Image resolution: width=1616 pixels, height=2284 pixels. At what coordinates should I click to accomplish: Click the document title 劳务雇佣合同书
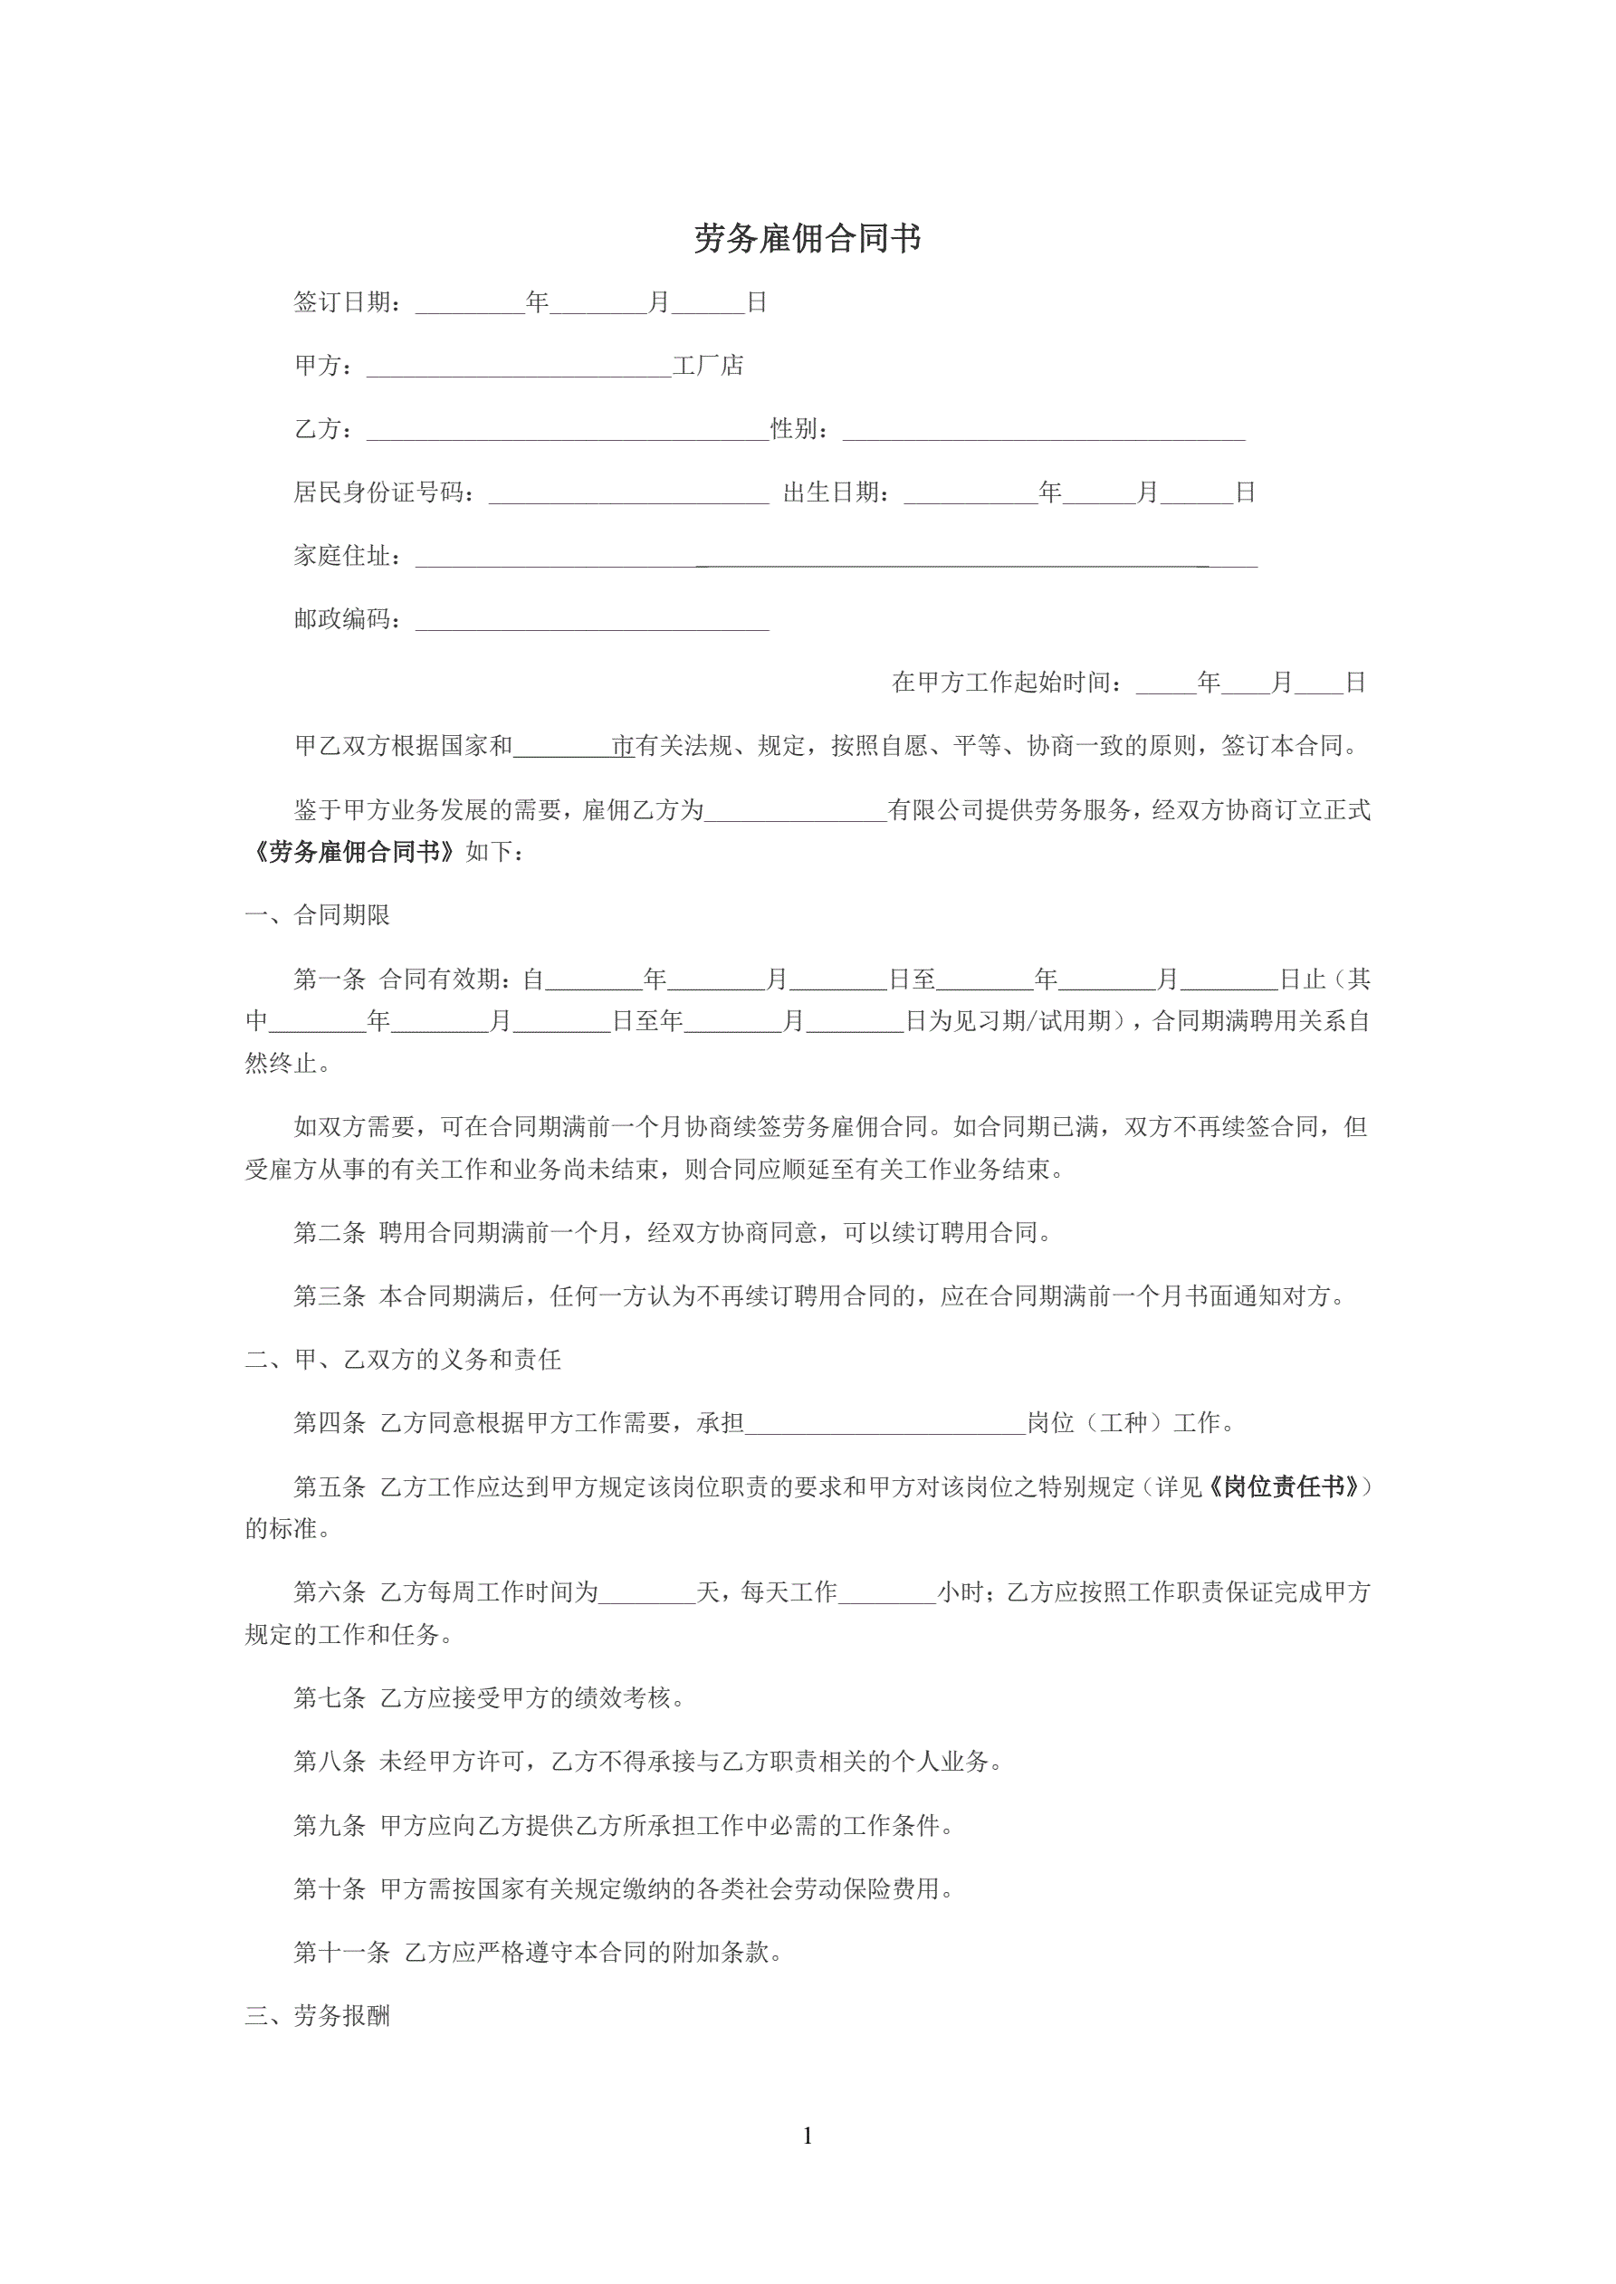[x=807, y=239]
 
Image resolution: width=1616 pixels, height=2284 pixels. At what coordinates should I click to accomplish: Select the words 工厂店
[x=707, y=366]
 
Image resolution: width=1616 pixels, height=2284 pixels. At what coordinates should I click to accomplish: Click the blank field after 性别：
[x=1043, y=432]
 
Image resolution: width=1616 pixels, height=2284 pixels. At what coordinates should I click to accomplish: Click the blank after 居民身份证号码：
[x=628, y=495]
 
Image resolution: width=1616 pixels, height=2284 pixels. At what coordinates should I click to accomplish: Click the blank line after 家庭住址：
[x=836, y=558]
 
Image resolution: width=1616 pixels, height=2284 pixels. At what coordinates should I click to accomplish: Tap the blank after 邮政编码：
[x=592, y=622]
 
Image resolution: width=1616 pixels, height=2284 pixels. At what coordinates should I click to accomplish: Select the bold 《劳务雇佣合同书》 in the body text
[x=354, y=853]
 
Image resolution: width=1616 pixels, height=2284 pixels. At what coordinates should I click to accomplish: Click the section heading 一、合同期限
[x=318, y=915]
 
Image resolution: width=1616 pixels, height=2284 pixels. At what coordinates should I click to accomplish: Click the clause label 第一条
[x=330, y=980]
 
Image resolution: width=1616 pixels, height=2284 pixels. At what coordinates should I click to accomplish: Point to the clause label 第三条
[x=330, y=1296]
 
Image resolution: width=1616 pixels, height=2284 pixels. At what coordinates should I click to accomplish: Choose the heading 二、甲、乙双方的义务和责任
[x=403, y=1360]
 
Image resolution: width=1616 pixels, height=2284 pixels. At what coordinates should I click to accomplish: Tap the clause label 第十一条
[x=341, y=1953]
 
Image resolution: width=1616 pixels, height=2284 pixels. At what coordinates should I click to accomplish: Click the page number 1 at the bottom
[x=807, y=2136]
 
